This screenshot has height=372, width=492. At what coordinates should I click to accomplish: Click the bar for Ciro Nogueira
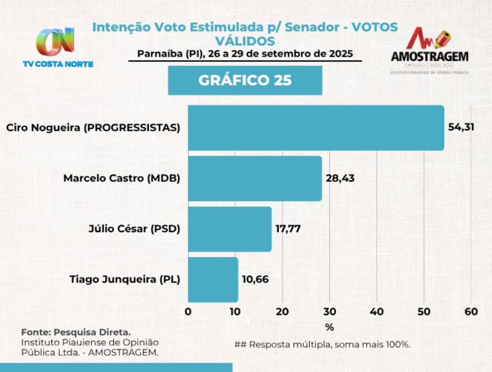click(x=316, y=128)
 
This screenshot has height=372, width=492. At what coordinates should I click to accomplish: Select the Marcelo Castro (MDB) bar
click(x=255, y=178)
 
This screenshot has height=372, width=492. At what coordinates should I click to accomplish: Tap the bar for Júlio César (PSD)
click(x=230, y=229)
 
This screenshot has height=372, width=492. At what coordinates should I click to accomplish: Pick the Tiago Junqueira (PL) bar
click(x=213, y=279)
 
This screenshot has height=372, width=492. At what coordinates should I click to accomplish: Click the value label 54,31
click(x=461, y=127)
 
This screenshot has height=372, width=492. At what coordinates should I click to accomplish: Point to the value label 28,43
click(x=340, y=178)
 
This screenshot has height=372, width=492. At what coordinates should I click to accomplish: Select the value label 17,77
click(x=288, y=229)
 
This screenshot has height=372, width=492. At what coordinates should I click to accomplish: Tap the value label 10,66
click(x=255, y=279)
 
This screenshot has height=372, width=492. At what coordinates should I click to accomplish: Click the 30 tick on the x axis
click(x=329, y=312)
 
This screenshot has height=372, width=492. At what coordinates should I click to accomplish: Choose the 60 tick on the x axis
click(x=471, y=312)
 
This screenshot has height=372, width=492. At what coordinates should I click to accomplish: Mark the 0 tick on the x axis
click(x=188, y=312)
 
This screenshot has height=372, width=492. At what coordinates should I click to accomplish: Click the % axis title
click(x=329, y=327)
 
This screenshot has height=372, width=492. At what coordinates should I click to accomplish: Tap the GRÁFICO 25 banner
click(x=245, y=80)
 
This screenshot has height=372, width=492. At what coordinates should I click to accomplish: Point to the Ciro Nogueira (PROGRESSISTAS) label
click(x=93, y=128)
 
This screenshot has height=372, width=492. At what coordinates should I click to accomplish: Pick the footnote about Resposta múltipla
click(x=322, y=345)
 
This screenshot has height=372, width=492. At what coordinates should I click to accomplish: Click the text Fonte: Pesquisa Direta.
click(x=76, y=333)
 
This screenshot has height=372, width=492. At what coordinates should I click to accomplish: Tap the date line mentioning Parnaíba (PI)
click(x=245, y=54)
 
